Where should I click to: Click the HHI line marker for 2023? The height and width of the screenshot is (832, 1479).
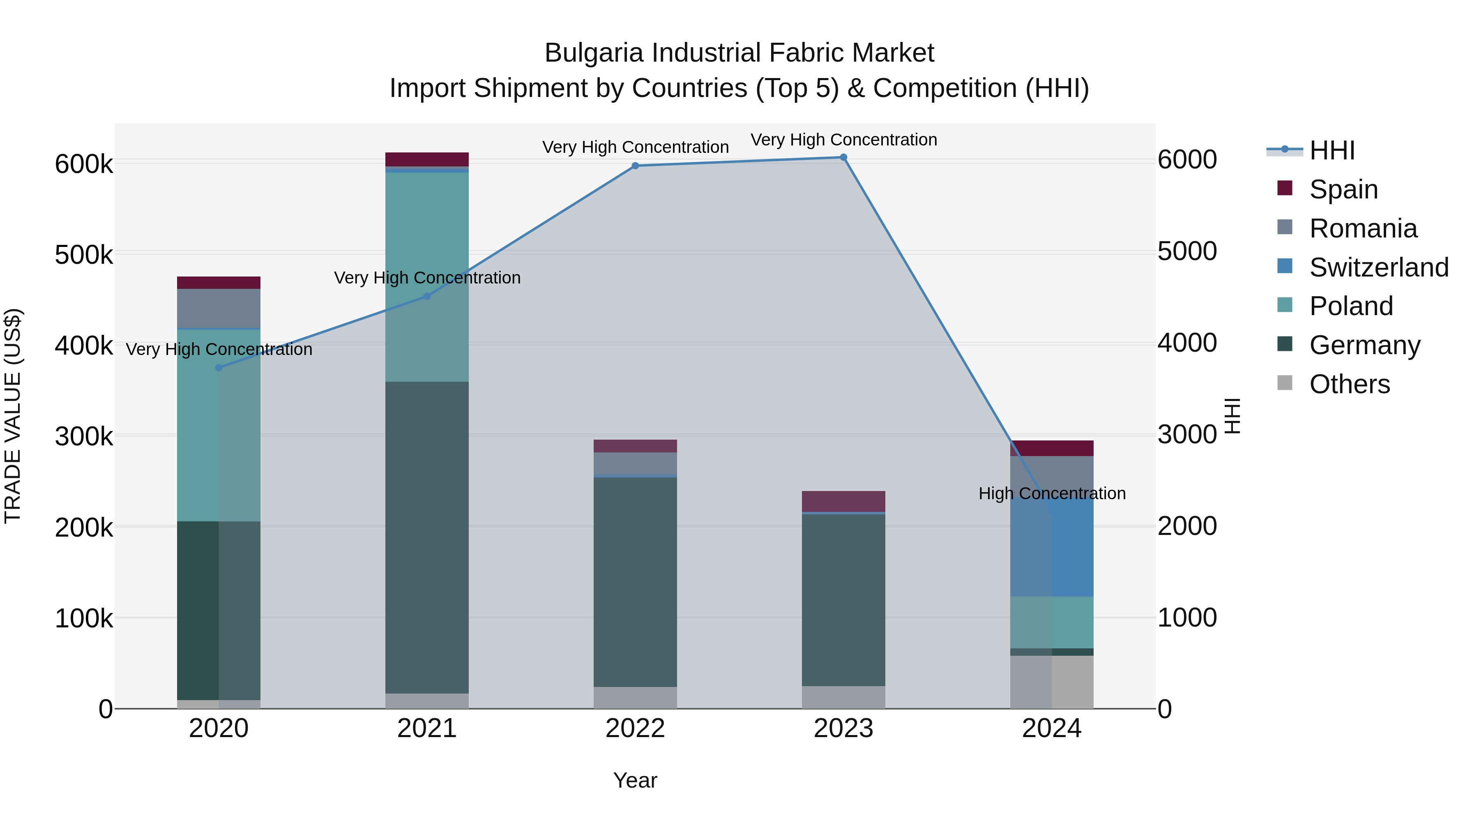[x=843, y=157]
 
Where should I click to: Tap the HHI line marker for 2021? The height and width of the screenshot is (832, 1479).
[x=426, y=296]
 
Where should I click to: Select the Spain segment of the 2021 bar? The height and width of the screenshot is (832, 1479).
[x=426, y=159]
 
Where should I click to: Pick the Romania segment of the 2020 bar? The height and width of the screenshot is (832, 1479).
[x=218, y=308]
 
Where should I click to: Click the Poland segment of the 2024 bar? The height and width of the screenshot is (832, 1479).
[x=1052, y=622]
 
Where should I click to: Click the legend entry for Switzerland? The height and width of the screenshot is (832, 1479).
[x=1378, y=267]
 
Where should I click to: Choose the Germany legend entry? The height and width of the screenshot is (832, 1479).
[x=1364, y=345]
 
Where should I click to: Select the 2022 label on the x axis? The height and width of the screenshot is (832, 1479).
[x=635, y=728]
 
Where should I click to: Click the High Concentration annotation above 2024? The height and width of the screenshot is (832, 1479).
[x=1052, y=493]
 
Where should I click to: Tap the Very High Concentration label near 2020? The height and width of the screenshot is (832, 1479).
[x=219, y=349]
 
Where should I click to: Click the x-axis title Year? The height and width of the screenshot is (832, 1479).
[x=635, y=780]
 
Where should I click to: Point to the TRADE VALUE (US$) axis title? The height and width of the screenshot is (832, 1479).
[x=13, y=416]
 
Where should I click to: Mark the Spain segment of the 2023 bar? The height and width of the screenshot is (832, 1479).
[x=843, y=501]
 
